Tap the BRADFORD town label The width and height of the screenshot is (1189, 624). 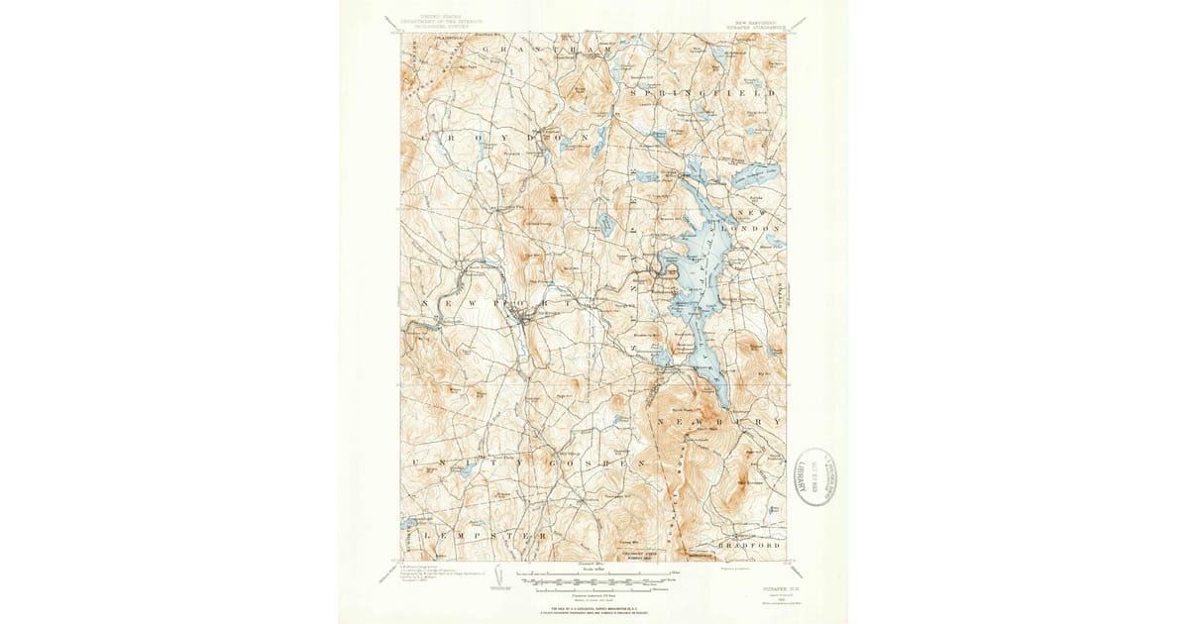[749, 545]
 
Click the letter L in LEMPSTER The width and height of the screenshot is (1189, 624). [424, 534]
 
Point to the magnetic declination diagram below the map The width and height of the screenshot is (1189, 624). [497, 578]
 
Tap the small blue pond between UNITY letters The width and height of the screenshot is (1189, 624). [468, 470]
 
